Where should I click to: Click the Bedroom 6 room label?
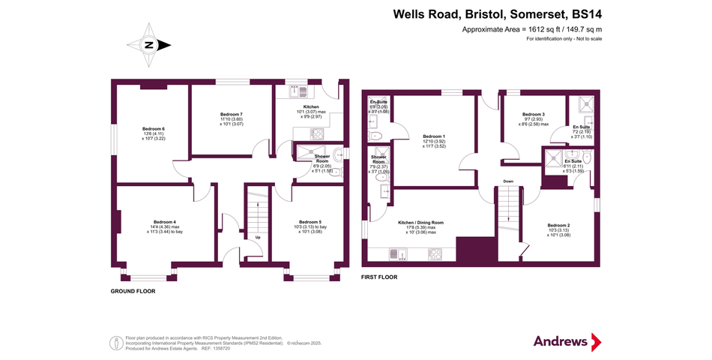(x=153, y=128)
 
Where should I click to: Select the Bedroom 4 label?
(x=164, y=222)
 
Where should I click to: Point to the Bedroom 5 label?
(x=310, y=222)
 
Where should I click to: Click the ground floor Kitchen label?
(x=310, y=107)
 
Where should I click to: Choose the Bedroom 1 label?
(x=435, y=136)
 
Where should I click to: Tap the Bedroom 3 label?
(x=533, y=114)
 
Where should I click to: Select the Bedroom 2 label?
(x=558, y=225)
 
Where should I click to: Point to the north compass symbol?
(x=150, y=45)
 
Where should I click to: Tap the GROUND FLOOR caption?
(x=133, y=291)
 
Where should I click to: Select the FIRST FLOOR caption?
(x=379, y=277)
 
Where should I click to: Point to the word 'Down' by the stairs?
(x=508, y=181)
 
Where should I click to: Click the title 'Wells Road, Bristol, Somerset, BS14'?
(x=498, y=13)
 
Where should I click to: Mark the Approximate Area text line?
(x=531, y=29)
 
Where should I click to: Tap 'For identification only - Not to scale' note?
(x=558, y=38)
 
